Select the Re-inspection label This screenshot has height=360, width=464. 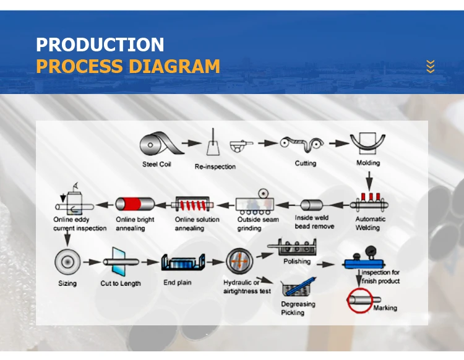[215, 166]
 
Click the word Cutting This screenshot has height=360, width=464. [305, 163]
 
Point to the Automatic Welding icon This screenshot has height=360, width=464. [369, 201]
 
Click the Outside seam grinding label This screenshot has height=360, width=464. [258, 223]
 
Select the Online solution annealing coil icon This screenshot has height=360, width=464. [194, 204]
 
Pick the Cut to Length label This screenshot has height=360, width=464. [121, 283]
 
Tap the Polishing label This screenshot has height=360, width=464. [297, 262]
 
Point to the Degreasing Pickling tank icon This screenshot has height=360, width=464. [297, 287]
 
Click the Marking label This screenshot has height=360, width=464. [385, 307]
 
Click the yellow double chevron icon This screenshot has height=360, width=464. [431, 66]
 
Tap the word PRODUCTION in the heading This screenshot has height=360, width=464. [100, 45]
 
